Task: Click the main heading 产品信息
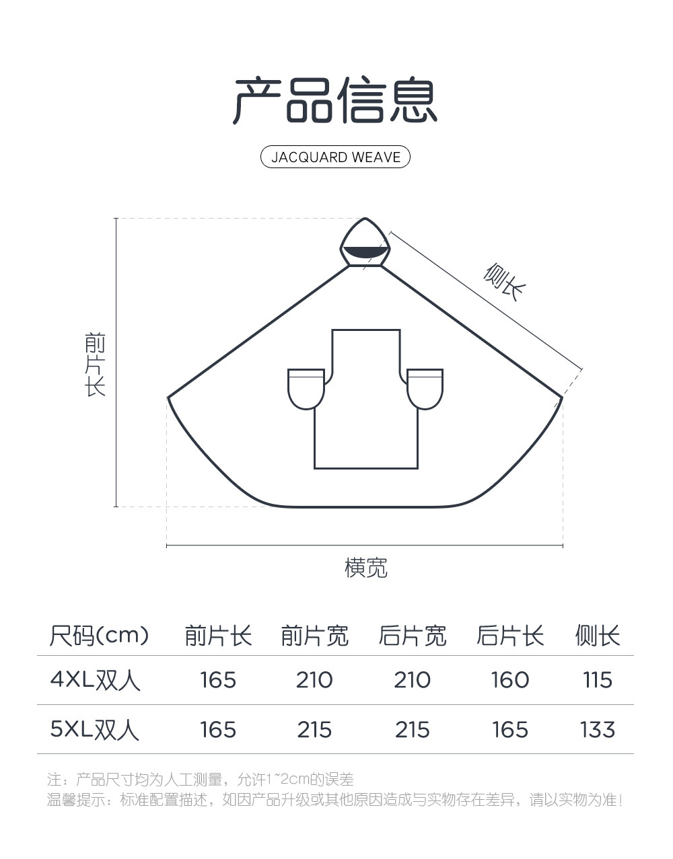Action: pos(335,101)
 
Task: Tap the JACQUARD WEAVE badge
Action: pos(335,157)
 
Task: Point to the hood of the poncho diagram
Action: pos(365,243)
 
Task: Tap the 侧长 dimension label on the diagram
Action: pos(504,283)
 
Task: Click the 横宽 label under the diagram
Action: pos(366,568)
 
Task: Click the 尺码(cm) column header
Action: pos(99,635)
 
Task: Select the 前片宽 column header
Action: pos(314,636)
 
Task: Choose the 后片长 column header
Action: pos(510,636)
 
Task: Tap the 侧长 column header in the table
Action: pos(598,636)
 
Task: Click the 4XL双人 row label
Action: pos(95,680)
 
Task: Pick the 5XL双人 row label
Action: pos(95,730)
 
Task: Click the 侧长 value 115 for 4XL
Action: pos(598,680)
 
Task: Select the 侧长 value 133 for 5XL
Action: pos(598,730)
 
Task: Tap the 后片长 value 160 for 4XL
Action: pos(510,680)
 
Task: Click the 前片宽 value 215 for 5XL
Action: pos(314,730)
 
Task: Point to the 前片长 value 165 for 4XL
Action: pos(218,680)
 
